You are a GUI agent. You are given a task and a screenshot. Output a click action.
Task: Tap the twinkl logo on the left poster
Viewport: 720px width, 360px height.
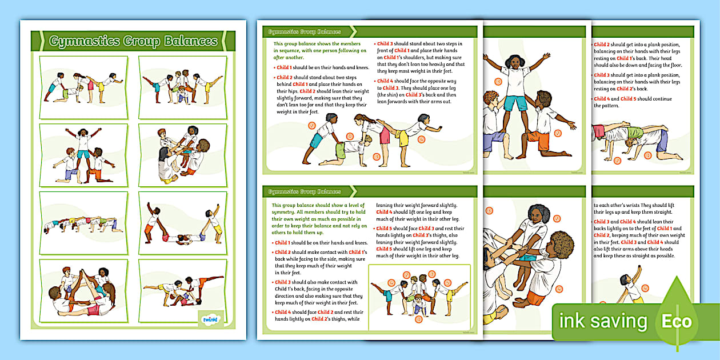pos(211,319)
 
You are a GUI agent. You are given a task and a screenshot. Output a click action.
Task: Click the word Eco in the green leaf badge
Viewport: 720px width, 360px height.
pos(676,321)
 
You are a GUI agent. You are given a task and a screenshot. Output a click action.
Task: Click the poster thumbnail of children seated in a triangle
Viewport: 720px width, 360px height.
pos(83,290)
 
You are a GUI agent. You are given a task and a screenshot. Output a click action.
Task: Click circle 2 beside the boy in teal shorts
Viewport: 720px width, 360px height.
pos(311,125)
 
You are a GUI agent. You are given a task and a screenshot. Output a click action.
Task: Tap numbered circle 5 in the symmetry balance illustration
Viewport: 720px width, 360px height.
pos(448,282)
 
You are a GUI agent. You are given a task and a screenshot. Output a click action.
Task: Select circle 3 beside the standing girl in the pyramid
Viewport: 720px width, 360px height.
pos(498,82)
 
